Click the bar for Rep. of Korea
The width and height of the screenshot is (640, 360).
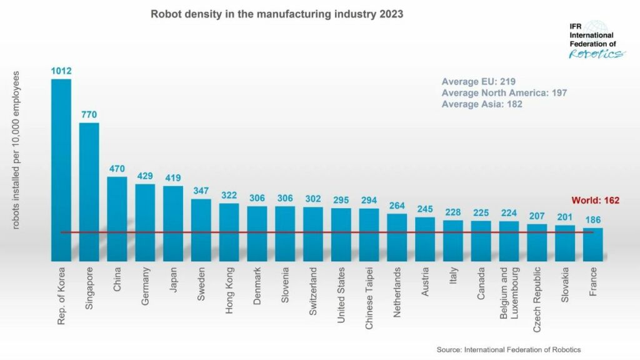coord(61,169)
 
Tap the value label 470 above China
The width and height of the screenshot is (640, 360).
coord(117,168)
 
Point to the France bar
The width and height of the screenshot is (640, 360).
coord(593,244)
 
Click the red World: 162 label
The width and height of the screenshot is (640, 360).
coord(596,201)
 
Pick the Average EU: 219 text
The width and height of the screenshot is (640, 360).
coord(478,82)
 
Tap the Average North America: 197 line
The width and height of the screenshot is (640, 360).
coord(504,93)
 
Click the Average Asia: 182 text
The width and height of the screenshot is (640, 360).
coord(482,104)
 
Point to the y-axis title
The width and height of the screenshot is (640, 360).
coord(16,150)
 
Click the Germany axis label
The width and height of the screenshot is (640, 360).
coord(145,287)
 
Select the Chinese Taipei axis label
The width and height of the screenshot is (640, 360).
coord(369,293)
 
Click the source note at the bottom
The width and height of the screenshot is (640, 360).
coord(509,349)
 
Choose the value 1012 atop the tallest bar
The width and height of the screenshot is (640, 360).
coord(61,71)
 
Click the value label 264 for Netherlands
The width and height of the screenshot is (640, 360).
coord(397,206)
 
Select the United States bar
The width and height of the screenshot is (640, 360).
coord(341,234)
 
